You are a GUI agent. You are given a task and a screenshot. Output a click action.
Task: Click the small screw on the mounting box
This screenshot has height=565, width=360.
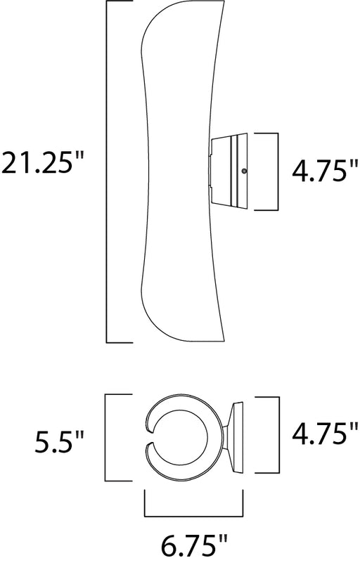[245, 171]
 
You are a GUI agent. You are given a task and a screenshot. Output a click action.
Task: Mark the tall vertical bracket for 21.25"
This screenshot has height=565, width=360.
[107, 172]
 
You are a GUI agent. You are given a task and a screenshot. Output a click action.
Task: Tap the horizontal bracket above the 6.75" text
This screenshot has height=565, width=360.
[193, 517]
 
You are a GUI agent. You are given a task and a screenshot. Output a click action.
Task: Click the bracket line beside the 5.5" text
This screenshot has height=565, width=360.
[105, 437]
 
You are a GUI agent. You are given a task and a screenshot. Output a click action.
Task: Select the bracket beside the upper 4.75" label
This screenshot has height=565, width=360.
[278, 171]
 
